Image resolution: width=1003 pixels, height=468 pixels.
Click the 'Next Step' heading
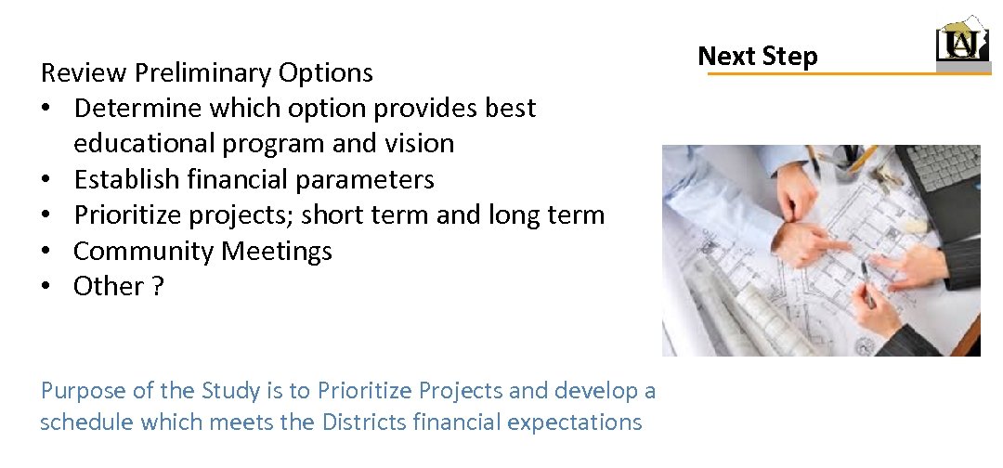click(757, 57)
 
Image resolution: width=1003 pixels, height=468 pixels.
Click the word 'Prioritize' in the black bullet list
click(130, 215)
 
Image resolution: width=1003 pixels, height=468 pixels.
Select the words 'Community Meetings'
click(202, 251)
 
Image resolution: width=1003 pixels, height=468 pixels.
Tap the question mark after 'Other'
click(158, 287)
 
